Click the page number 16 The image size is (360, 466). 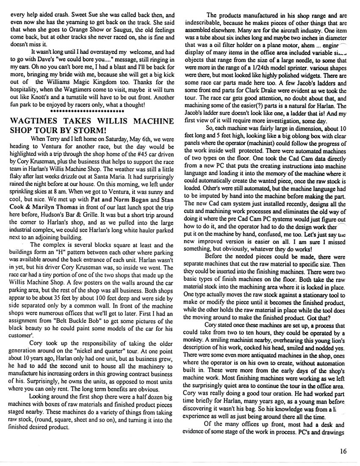click(x=343, y=451)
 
